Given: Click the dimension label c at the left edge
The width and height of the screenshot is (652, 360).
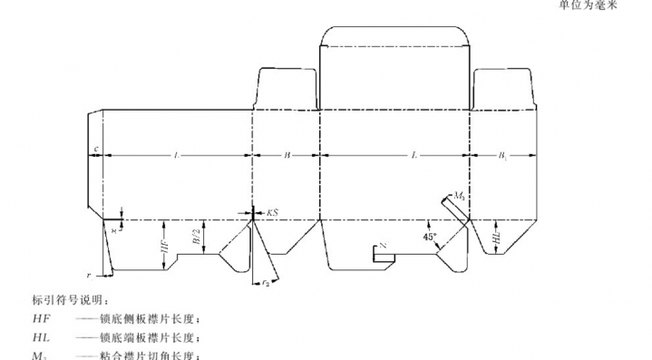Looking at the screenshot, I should click(x=95, y=147).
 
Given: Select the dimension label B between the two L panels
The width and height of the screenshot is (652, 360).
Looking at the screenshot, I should click(x=287, y=156).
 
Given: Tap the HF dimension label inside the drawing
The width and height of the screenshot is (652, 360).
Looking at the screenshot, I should click(x=164, y=245).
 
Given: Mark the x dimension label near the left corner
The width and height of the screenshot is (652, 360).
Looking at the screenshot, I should click(x=113, y=230).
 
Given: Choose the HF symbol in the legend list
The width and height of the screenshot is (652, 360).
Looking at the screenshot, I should click(x=42, y=319).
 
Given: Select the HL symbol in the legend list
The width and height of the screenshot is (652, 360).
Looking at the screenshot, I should click(x=42, y=337).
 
